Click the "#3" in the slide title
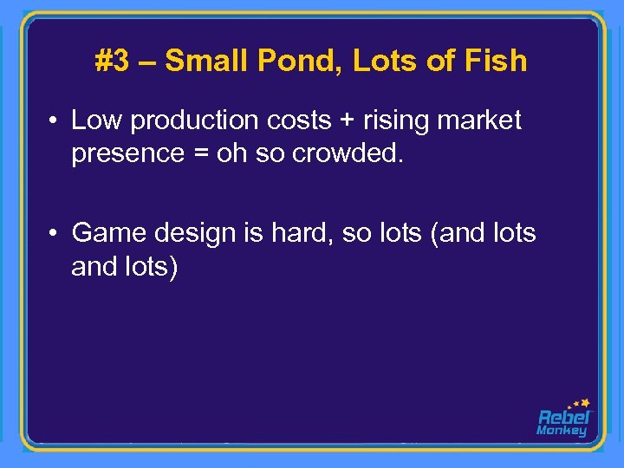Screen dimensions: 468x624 [x=112, y=61]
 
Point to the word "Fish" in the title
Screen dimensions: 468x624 [x=495, y=61]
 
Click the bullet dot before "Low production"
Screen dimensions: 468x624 [x=54, y=120]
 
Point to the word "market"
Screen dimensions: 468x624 [x=481, y=120]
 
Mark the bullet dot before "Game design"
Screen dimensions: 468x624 [x=54, y=233]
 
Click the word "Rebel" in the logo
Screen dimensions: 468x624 [x=564, y=417]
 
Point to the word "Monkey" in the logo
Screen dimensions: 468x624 [x=562, y=431]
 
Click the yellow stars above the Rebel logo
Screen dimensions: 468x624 [x=579, y=404]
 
